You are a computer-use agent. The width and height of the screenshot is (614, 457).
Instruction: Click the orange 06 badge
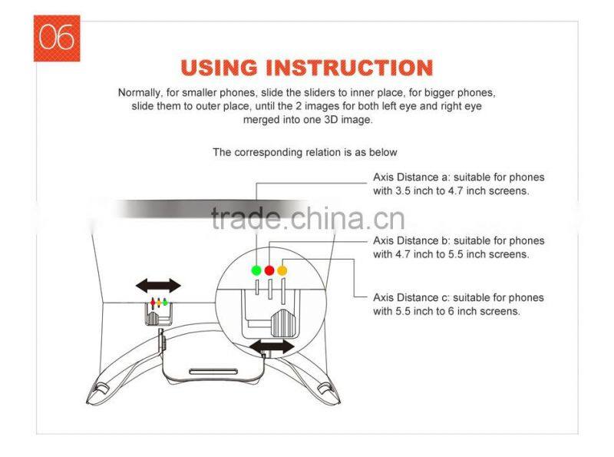tap(56, 38)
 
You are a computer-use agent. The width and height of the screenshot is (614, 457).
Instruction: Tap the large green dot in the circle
tap(256, 270)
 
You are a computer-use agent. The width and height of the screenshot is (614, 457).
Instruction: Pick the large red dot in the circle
tap(269, 270)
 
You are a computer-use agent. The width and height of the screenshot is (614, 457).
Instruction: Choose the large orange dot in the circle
tap(282, 270)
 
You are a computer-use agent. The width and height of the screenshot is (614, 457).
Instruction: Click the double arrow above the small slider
tap(159, 286)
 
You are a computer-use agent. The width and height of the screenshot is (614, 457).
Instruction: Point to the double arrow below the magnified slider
tap(271, 346)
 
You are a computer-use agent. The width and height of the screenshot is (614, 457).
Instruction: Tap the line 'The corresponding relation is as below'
tap(305, 152)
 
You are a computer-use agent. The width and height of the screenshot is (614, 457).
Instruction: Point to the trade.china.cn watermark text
tap(307, 220)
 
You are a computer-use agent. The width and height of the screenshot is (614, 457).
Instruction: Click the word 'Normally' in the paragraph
tap(140, 92)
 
